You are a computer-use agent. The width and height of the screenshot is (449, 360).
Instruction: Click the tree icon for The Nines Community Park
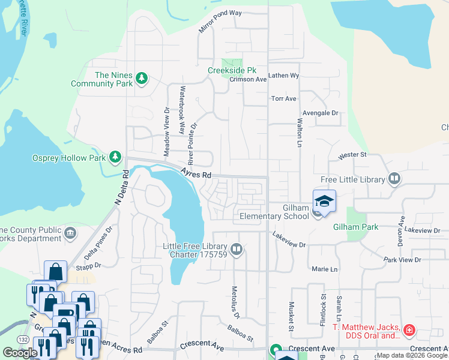pos(142,79)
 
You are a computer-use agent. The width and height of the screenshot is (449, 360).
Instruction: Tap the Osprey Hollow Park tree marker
pos(115,158)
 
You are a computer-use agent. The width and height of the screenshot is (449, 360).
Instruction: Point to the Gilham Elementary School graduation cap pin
pos(324,201)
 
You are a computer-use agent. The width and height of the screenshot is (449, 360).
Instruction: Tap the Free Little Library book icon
pos(394,178)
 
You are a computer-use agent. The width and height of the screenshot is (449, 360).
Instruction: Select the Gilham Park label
pos(355,227)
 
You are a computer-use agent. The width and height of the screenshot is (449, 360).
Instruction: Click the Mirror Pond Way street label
pos(220,29)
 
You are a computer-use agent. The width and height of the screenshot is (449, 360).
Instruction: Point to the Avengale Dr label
pos(321,112)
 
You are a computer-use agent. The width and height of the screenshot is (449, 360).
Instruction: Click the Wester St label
pos(352,155)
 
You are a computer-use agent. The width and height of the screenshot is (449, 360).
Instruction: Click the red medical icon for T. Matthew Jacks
pos(409,331)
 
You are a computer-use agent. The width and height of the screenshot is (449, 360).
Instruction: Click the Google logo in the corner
pos(20,353)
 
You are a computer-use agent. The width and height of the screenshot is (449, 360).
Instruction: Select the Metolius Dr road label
pos(235,302)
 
